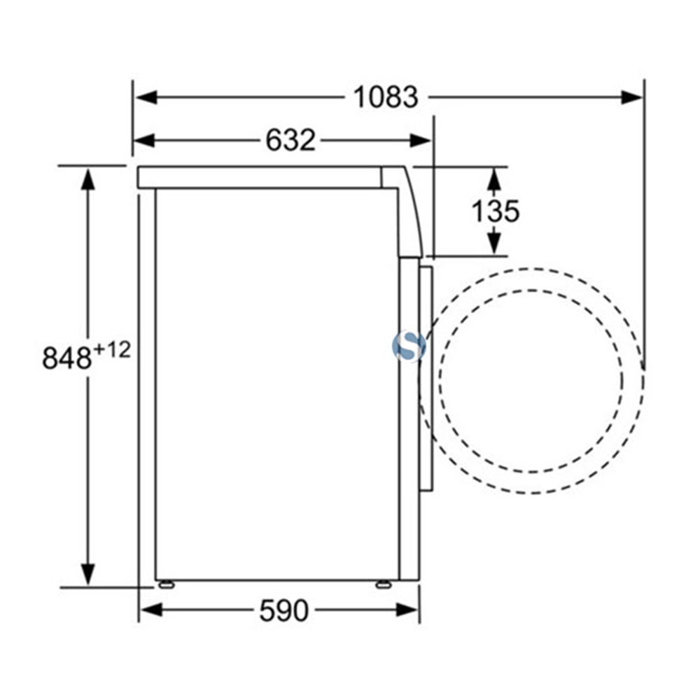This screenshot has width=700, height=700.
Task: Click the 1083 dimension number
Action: pos(384,97)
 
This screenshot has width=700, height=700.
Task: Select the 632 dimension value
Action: pos(290,141)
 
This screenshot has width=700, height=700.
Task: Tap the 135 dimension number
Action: pos(495,211)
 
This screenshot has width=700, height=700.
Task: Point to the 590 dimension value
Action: pos(283,611)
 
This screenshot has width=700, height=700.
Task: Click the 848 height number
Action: pos(67,358)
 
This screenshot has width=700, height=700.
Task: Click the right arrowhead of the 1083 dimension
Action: pos(633,97)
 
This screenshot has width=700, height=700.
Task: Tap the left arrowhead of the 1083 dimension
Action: pos(144,97)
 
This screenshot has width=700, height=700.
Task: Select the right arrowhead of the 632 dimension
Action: pos(421,141)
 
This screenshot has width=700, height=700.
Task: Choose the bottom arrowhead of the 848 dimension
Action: pos(87,575)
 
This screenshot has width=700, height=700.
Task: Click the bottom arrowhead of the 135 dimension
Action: pos(494,244)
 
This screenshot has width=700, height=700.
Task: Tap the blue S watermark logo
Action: pos(408,346)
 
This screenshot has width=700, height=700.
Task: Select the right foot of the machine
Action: pos(384,584)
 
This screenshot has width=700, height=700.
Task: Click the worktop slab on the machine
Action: pos(259,177)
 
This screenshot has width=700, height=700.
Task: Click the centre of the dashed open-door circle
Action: pos(531,380)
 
